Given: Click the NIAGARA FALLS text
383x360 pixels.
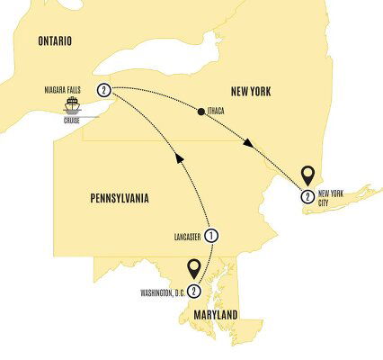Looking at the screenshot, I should [68, 90].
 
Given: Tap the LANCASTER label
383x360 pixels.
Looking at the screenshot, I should [183, 237].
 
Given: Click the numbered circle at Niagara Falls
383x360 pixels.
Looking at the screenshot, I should [105, 89].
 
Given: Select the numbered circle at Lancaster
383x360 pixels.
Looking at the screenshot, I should [212, 237].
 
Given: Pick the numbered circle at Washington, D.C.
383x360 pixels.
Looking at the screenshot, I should [192, 290].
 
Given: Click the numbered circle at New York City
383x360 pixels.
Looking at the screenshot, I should [307, 196].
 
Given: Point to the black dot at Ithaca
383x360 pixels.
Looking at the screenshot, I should [199, 111].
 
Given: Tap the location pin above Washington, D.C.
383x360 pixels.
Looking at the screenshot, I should [191, 268].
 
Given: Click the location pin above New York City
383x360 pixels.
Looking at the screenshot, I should [307, 175].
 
